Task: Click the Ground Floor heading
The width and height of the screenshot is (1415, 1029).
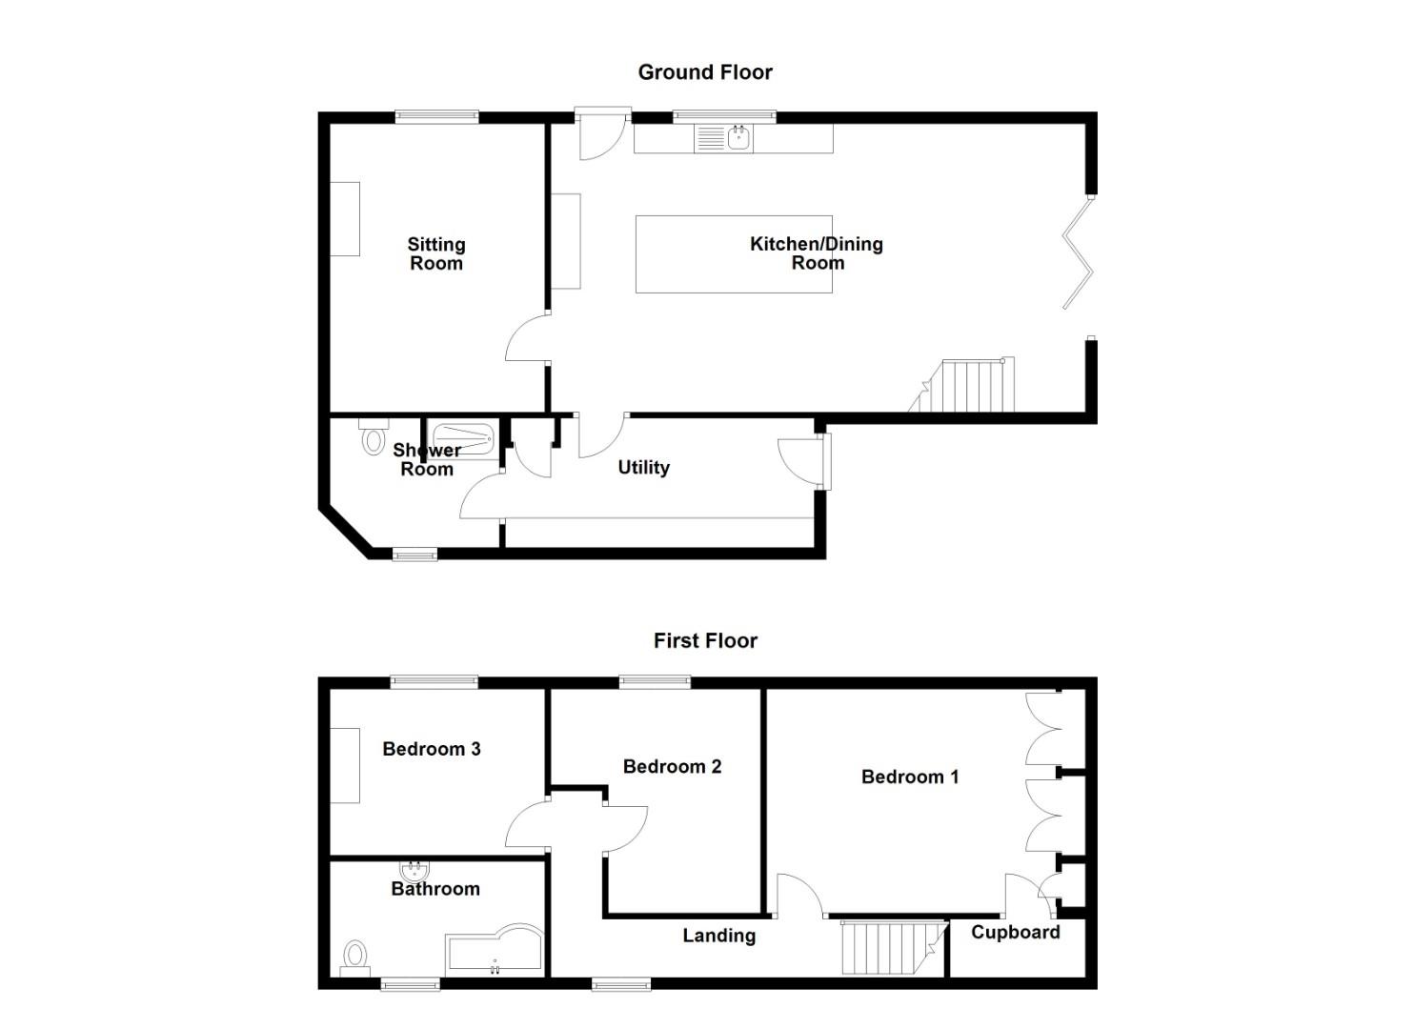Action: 704,72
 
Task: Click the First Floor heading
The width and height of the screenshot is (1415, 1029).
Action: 704,640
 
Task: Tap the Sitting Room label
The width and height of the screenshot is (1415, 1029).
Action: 435,254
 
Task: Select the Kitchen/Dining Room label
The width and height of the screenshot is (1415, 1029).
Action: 817,253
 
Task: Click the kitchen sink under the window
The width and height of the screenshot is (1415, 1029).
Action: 738,138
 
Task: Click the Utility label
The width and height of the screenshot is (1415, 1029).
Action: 643,467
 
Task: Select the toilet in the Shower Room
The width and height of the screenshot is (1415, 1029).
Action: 372,441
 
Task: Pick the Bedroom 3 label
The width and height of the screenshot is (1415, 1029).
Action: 431,749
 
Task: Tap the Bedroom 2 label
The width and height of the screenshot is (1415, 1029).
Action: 672,766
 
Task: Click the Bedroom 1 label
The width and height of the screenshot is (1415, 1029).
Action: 909,777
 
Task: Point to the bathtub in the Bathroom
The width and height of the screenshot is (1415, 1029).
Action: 494,948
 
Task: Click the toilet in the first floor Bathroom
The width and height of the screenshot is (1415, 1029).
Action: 355,956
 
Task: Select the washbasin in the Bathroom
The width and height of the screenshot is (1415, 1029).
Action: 414,871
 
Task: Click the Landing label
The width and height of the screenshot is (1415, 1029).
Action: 718,936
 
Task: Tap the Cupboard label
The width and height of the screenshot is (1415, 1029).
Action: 1015,932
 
